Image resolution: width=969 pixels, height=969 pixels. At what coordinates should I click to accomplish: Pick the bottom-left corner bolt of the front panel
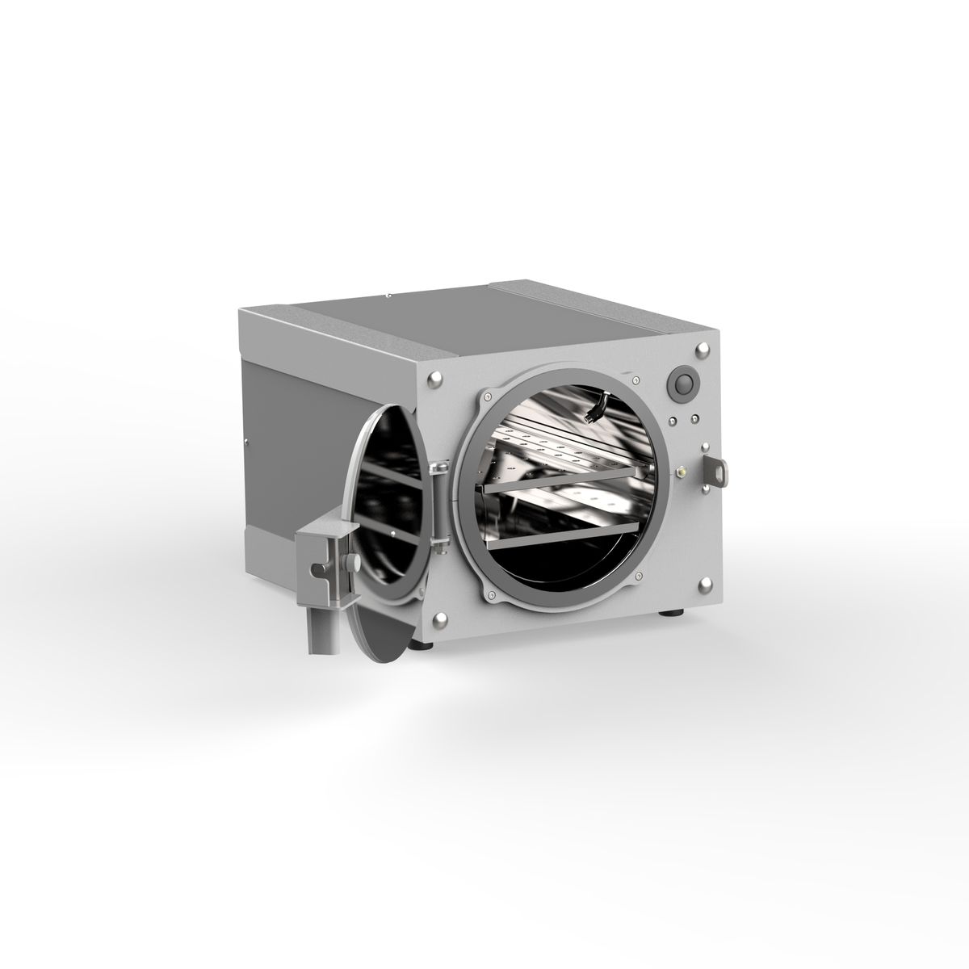click(440, 620)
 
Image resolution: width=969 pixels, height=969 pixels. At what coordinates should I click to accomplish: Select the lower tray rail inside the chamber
click(565, 534)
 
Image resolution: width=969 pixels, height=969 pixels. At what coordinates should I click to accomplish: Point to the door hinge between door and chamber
click(440, 509)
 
